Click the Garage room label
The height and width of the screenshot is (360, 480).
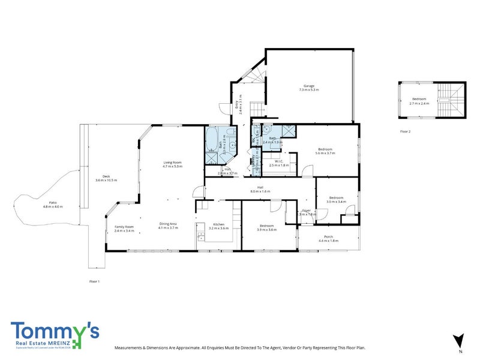click(x=309, y=85)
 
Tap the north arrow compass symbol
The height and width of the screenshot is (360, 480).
click(x=459, y=341)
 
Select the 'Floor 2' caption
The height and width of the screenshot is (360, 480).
click(x=406, y=131)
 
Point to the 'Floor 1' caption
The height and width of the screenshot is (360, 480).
click(x=94, y=281)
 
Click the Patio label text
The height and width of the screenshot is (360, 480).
click(x=53, y=203)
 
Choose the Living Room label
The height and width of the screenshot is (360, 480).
click(x=173, y=163)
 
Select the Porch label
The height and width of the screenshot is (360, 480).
click(x=328, y=236)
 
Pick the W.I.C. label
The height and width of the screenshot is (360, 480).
click(x=279, y=161)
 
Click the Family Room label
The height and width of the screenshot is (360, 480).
click(x=124, y=226)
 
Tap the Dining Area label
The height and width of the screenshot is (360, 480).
click(x=167, y=223)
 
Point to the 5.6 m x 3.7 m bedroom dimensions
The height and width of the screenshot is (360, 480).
click(x=325, y=153)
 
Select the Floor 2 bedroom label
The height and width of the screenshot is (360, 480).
click(x=420, y=99)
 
